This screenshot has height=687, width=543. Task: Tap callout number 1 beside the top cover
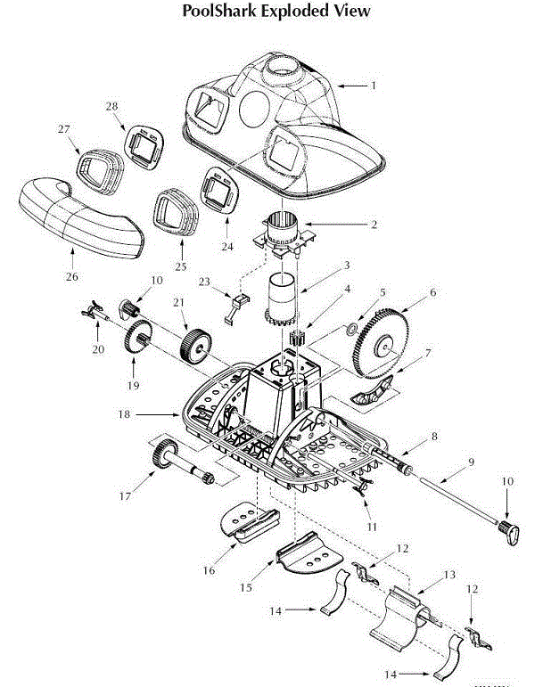[x=374, y=86]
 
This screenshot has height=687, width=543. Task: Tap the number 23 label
[x=205, y=281]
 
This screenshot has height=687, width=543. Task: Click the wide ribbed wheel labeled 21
[x=193, y=343]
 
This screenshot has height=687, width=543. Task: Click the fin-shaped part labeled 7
[x=370, y=393]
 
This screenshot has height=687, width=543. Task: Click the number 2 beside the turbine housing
[x=374, y=224]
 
